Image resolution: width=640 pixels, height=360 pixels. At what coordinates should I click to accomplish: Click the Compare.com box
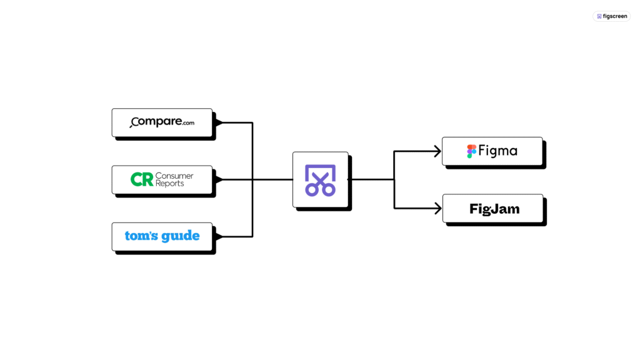click(162, 122)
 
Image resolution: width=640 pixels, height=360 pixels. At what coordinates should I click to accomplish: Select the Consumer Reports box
click(162, 179)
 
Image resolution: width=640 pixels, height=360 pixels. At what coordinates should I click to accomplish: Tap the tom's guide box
click(162, 236)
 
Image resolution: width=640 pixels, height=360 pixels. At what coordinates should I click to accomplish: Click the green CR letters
click(142, 180)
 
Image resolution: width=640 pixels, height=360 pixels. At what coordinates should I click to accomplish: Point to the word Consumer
click(174, 176)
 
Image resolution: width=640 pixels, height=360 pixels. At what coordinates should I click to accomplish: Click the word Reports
click(170, 184)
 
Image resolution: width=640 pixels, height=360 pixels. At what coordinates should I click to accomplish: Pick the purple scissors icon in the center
click(320, 180)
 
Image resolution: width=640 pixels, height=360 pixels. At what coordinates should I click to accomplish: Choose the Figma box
click(492, 151)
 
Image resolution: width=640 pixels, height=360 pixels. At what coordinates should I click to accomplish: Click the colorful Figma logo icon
click(472, 151)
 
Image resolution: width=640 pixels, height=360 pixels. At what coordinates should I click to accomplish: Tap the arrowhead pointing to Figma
click(437, 151)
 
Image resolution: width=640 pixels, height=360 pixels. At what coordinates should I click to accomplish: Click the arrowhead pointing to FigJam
click(437, 208)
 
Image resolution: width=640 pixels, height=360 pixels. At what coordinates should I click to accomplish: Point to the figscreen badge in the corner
click(611, 16)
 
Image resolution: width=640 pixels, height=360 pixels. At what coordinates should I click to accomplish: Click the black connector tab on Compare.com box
click(217, 122)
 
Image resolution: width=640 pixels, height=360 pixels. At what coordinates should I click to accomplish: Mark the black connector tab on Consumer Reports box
click(217, 179)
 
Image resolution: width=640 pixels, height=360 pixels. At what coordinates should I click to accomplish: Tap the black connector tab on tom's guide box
click(217, 236)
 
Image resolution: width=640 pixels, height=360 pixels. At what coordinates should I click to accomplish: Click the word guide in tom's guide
click(180, 236)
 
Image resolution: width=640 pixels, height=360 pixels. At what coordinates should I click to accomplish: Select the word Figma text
click(498, 151)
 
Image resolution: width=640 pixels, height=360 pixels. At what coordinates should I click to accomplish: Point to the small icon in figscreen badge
click(599, 16)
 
